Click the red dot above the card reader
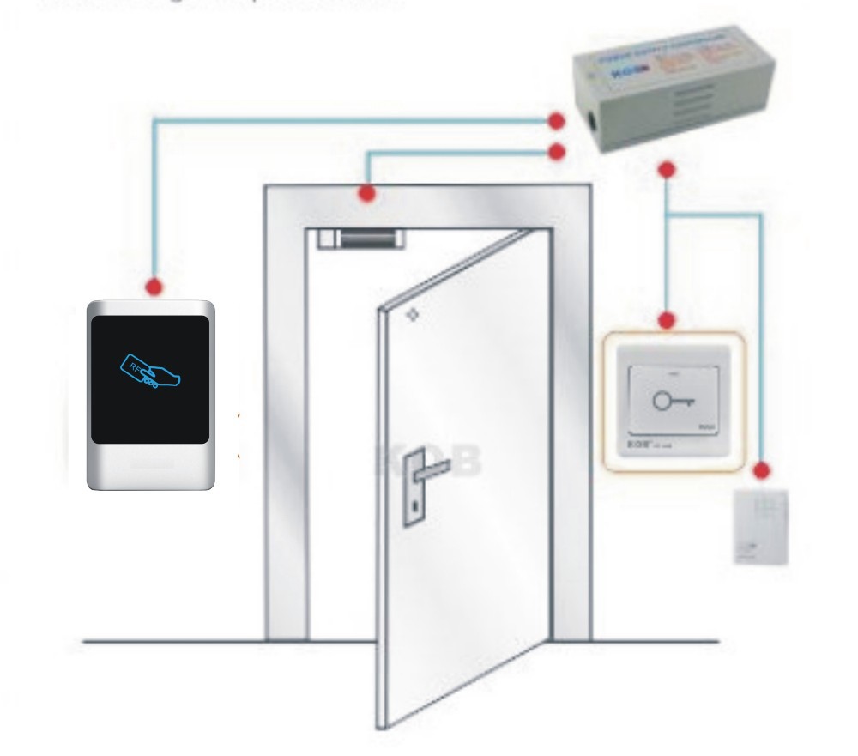tap(154, 285)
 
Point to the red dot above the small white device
tap(761, 469)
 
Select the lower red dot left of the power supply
tap(558, 152)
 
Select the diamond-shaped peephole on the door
tap(413, 315)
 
